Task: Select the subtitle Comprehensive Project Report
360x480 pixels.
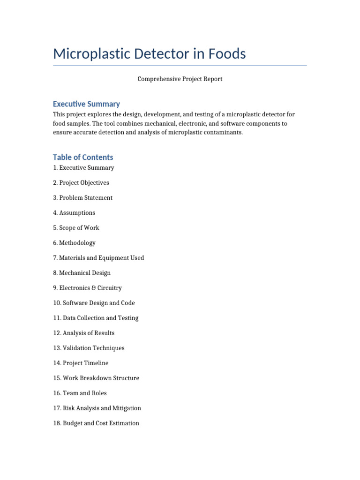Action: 180,79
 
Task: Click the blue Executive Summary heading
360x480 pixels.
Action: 86,104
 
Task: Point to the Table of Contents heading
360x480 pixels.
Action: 83,157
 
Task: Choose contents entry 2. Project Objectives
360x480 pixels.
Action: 81,183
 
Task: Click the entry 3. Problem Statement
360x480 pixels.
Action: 82,198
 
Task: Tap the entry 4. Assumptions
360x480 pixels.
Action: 74,213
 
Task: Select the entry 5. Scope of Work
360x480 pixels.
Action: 76,228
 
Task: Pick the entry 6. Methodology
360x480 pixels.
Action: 74,243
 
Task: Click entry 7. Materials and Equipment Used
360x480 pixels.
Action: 98,258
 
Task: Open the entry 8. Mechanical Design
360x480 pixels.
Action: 82,273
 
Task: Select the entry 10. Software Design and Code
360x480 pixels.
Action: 94,303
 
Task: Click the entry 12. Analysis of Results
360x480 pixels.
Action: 83,333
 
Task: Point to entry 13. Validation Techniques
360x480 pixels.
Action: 89,348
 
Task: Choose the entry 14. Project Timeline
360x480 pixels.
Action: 81,363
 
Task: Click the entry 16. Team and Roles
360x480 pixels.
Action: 80,393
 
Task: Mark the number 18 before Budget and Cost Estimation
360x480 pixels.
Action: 56,423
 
